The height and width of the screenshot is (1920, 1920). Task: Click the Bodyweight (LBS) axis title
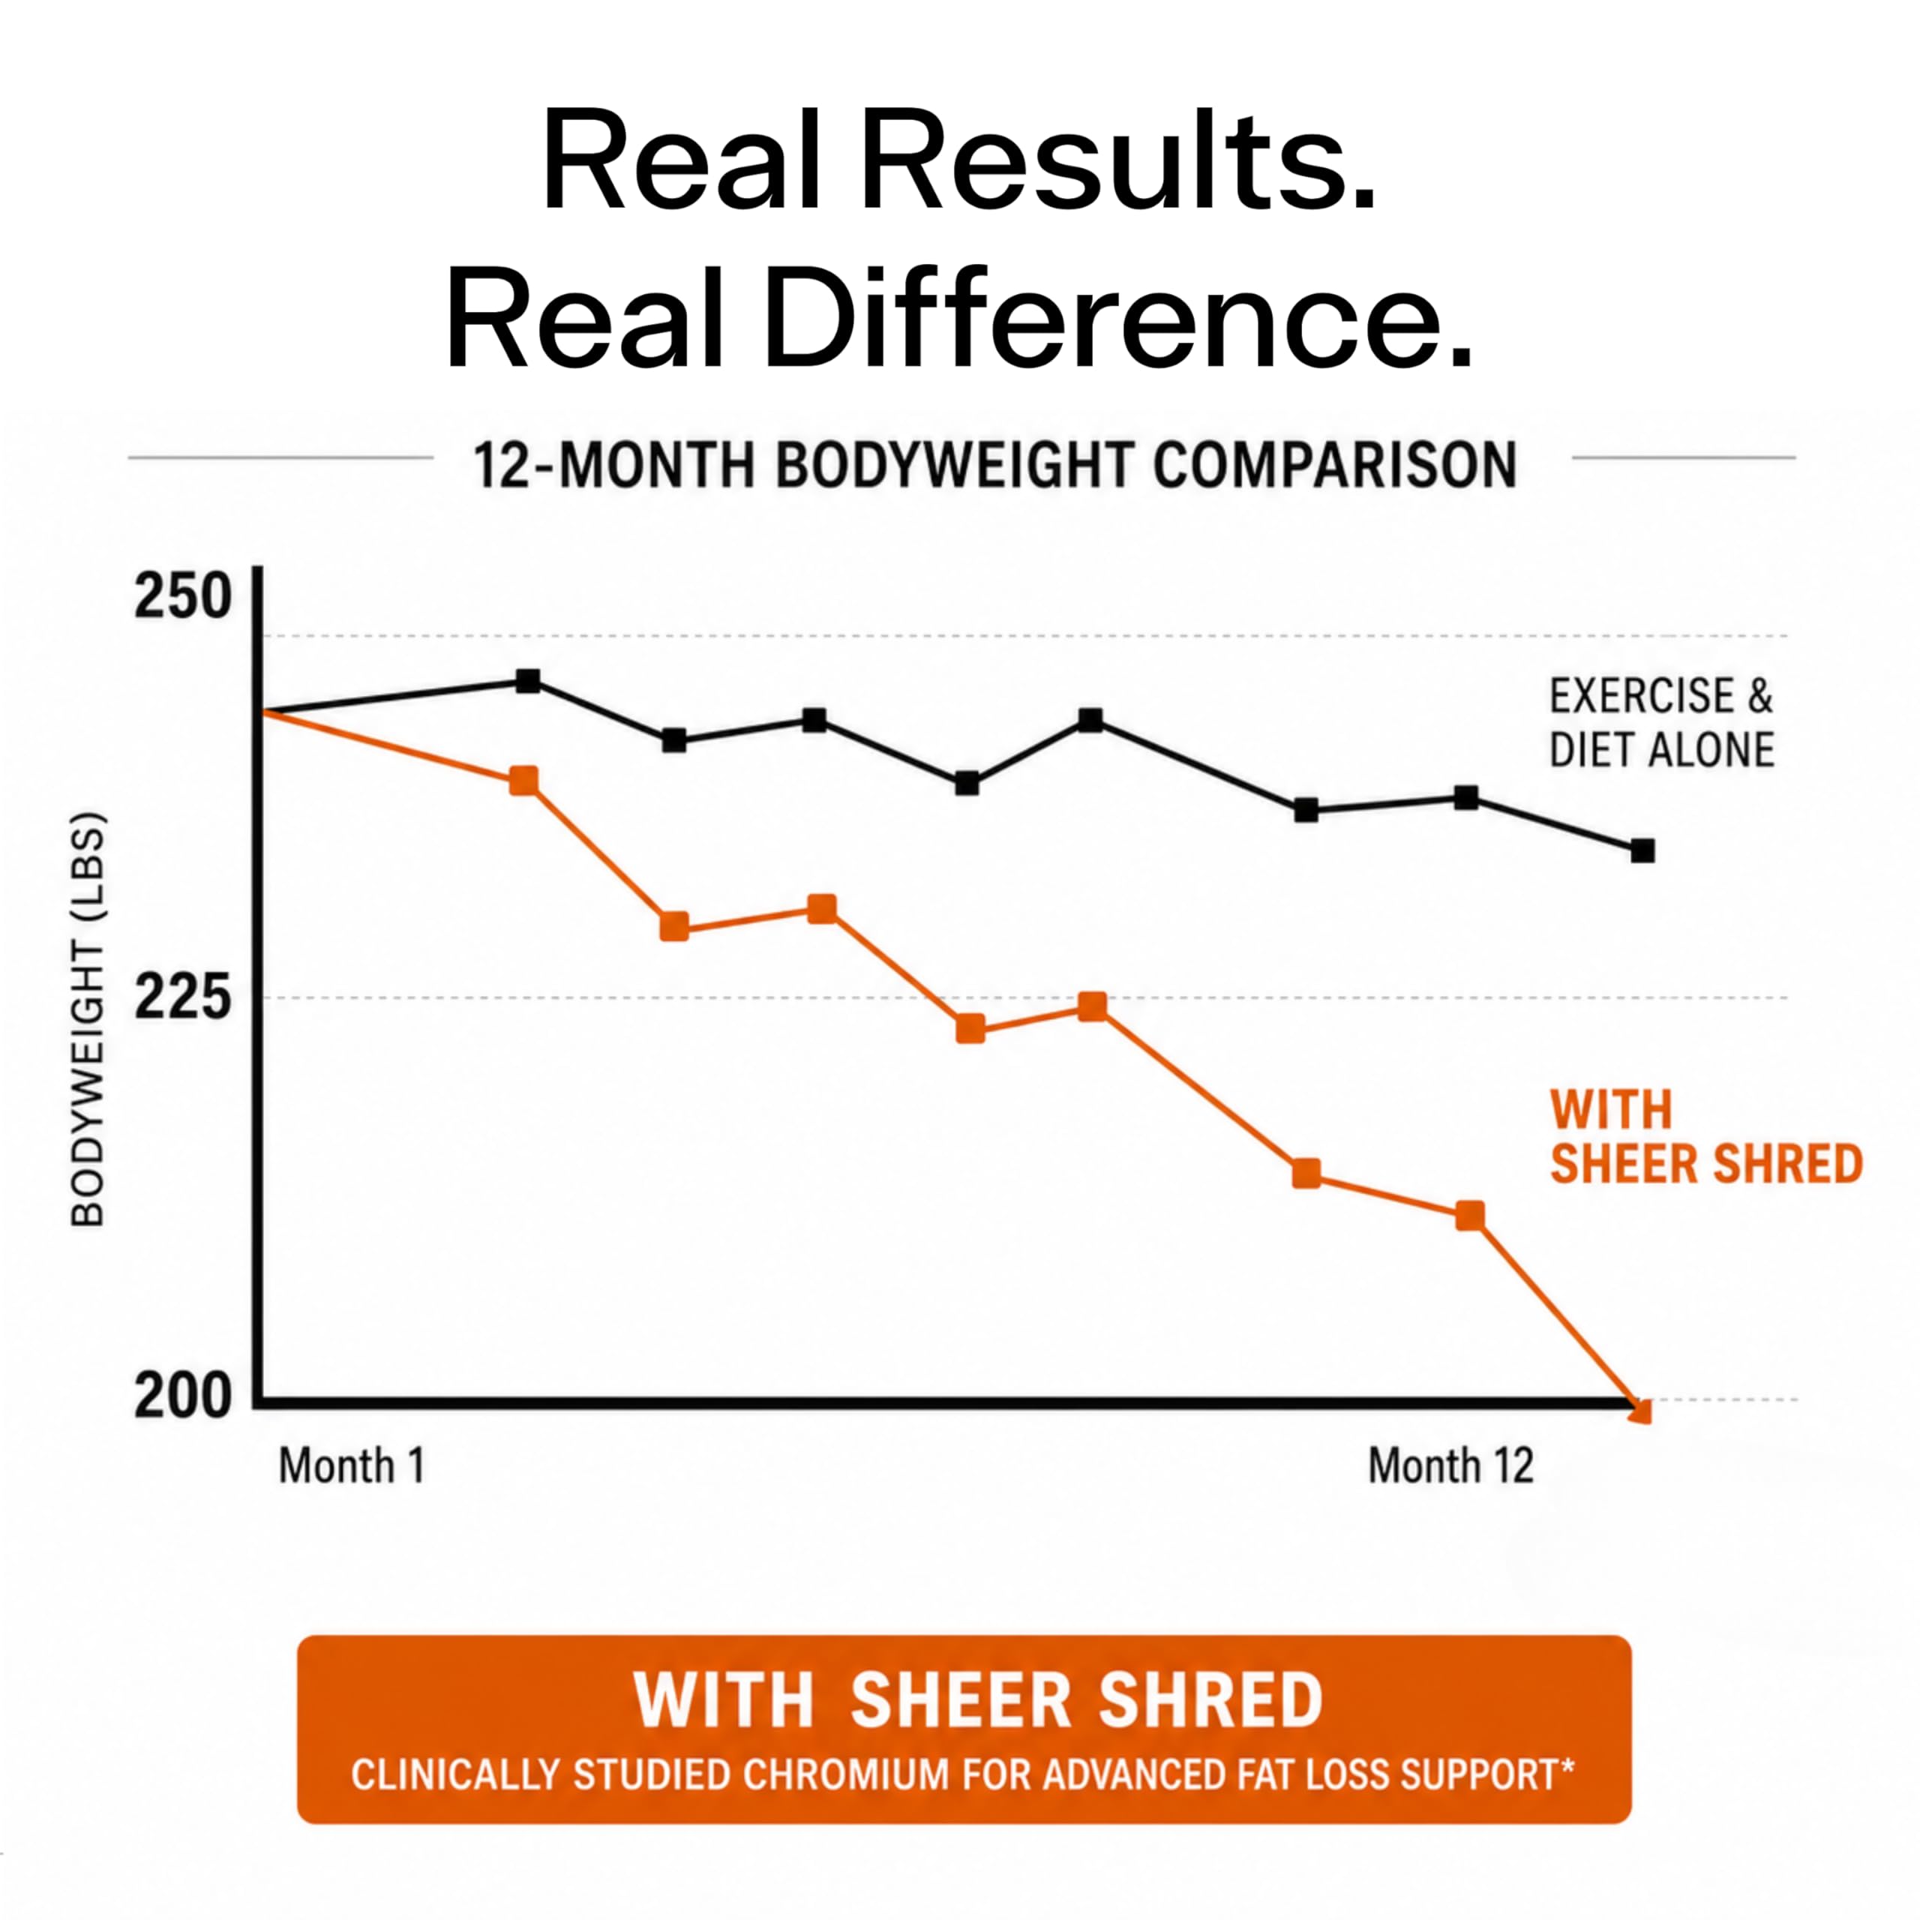coord(88,1020)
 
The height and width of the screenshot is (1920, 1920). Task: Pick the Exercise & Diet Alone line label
coord(1661,724)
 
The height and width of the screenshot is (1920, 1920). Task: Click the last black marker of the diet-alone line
coord(1642,850)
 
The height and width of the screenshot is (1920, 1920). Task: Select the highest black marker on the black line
coord(529,682)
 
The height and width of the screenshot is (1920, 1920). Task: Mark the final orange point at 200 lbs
coord(1642,1410)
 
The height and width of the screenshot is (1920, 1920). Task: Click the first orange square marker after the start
coord(523,780)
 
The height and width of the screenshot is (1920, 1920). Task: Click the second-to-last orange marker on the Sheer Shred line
coord(1470,1216)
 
